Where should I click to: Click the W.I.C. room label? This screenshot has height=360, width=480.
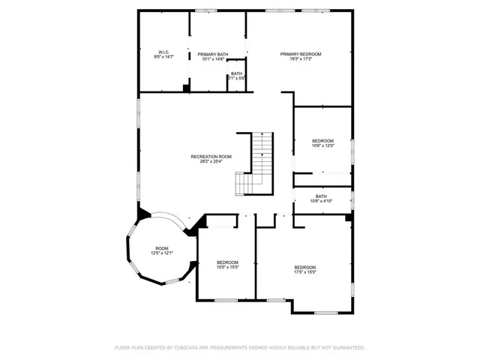coord(163,52)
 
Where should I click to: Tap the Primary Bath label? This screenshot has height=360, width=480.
coord(213,54)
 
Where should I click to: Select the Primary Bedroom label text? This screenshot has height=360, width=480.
coord(301,54)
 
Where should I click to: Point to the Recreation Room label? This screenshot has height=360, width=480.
coord(211,156)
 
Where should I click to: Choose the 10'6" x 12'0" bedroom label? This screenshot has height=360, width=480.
coord(322,141)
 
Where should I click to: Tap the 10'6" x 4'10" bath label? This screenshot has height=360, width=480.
coord(321,196)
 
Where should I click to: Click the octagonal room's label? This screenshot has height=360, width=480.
coord(162,248)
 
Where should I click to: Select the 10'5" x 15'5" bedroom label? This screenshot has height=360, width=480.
coord(226,262)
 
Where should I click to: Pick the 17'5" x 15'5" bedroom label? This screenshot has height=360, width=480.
coord(304,268)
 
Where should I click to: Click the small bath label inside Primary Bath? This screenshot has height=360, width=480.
coord(236,73)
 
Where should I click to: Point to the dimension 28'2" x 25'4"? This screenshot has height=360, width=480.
coord(211,161)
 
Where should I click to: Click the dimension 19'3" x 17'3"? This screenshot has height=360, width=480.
coord(301,59)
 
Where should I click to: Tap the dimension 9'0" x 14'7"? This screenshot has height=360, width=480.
coord(163,58)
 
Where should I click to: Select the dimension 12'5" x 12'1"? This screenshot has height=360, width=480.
coord(162,253)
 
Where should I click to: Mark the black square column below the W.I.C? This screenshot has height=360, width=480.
coord(186,88)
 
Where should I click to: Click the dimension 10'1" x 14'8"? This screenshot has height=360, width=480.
coord(213,59)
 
